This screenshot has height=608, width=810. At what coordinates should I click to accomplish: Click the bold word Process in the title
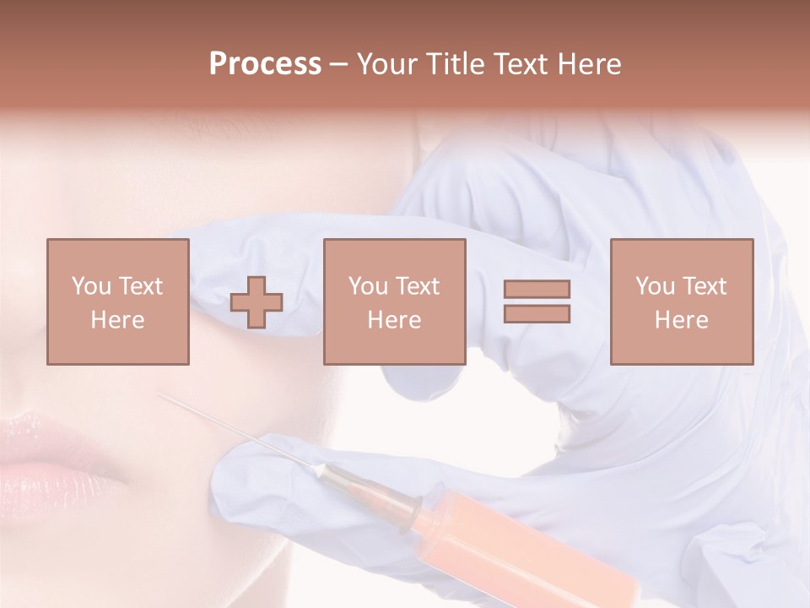[x=265, y=64]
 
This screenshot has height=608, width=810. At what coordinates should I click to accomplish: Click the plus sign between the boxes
[x=256, y=301]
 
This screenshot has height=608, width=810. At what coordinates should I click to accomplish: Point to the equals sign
[x=537, y=301]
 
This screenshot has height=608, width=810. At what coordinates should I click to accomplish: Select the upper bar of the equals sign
[x=537, y=290]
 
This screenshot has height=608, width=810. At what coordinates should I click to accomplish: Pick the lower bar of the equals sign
[x=537, y=313]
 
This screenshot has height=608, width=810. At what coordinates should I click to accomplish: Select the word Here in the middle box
[x=395, y=320]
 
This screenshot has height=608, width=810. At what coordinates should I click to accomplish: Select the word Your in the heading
[x=386, y=64]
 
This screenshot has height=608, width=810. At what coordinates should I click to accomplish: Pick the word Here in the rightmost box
[x=682, y=320]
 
